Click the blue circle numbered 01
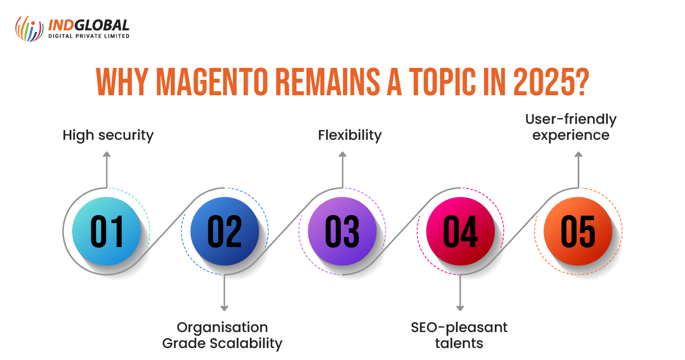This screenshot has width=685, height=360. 107,232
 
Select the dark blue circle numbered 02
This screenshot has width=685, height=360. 224,232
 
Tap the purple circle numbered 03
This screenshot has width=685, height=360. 342,232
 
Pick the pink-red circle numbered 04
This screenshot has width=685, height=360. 460,232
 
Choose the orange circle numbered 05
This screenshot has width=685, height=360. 578,232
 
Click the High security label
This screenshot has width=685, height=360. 108,135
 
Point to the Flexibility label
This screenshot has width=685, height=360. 342,135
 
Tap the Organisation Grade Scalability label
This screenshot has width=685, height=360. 223,335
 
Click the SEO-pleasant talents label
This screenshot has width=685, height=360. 459,335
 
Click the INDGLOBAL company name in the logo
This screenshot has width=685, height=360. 90,25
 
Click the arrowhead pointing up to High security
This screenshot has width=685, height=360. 107,155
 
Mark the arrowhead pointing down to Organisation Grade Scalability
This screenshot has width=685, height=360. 224,308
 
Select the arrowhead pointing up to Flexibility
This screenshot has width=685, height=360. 342,155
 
